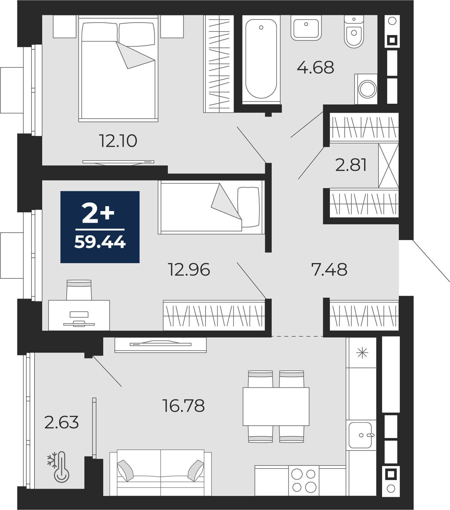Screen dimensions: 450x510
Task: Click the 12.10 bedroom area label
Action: point(118,141)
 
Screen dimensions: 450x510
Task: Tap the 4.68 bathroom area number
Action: point(315,67)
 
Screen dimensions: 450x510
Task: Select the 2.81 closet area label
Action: point(351,165)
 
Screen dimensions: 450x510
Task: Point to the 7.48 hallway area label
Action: point(329,269)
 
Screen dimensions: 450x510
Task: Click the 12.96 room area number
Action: point(189,269)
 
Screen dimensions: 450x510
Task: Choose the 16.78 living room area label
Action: point(183,406)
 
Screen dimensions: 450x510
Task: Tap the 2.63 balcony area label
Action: point(61,422)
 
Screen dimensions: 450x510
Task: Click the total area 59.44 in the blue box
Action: point(100,242)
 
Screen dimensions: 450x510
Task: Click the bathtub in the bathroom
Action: point(261,59)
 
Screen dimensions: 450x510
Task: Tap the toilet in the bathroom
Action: point(354,32)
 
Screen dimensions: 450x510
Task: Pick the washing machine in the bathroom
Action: point(366,89)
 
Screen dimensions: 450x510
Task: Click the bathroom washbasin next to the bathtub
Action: point(306,28)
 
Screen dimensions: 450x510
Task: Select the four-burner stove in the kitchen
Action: point(304,480)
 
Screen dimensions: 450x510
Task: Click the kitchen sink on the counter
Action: point(361,435)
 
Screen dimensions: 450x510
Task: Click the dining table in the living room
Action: point(276,407)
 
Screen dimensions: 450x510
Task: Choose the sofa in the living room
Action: point(160,472)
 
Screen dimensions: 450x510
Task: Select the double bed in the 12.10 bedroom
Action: point(118,69)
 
